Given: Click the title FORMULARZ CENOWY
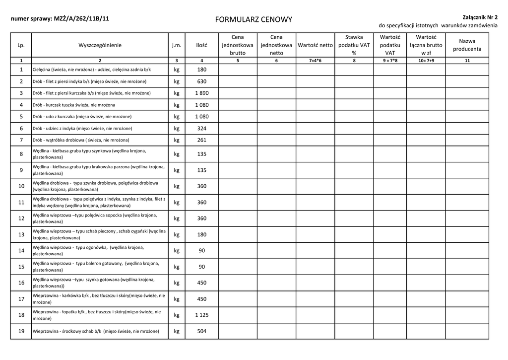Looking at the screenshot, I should (x=254, y=20).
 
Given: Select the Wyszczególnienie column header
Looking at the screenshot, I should (x=100, y=45).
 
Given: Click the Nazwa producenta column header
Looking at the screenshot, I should (x=467, y=45).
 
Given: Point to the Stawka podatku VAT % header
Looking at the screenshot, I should (x=354, y=45).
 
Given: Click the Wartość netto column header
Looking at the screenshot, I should (x=315, y=45).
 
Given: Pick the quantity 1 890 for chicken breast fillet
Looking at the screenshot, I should (x=201, y=93).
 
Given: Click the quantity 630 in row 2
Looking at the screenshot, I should (x=201, y=81).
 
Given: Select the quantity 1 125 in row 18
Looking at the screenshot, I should (x=201, y=315).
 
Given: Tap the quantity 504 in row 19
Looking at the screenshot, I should (x=201, y=331).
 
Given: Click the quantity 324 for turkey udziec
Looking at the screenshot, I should (x=201, y=129).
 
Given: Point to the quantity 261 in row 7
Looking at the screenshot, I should (x=201, y=140).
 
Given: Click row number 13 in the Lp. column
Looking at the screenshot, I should (x=21, y=234).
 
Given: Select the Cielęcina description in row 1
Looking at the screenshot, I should (x=92, y=70).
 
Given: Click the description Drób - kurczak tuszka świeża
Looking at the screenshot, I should (x=74, y=105).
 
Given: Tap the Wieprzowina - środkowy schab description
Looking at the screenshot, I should (x=96, y=331).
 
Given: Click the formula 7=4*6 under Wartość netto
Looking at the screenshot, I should (x=315, y=61).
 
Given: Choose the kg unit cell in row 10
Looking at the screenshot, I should (x=177, y=186).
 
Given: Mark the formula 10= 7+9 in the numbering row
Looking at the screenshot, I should (x=426, y=61).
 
